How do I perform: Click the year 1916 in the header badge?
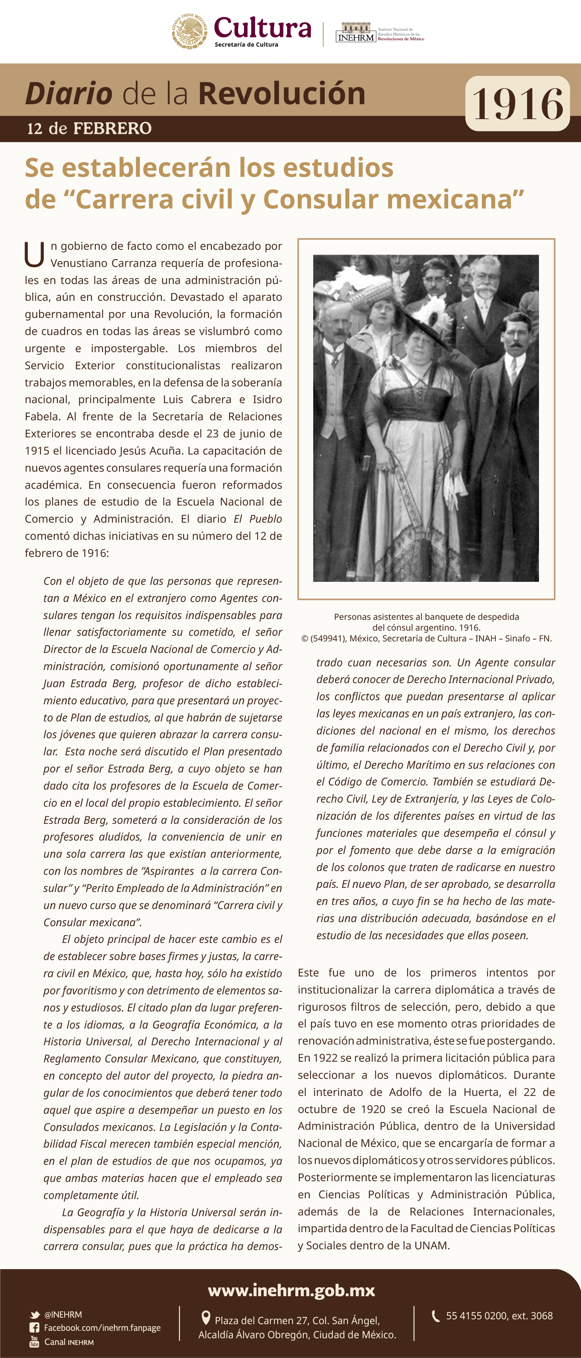(x=517, y=104)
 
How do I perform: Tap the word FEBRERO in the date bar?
(x=112, y=128)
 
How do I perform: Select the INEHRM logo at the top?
(x=356, y=33)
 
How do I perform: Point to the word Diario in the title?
(x=68, y=94)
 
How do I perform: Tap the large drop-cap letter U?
(x=34, y=254)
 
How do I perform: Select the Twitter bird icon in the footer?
(x=35, y=1315)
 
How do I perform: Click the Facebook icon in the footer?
(x=34, y=1327)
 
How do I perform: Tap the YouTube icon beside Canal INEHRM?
(x=34, y=1342)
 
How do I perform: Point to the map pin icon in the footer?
(x=206, y=1318)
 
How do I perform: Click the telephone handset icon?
(x=436, y=1316)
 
